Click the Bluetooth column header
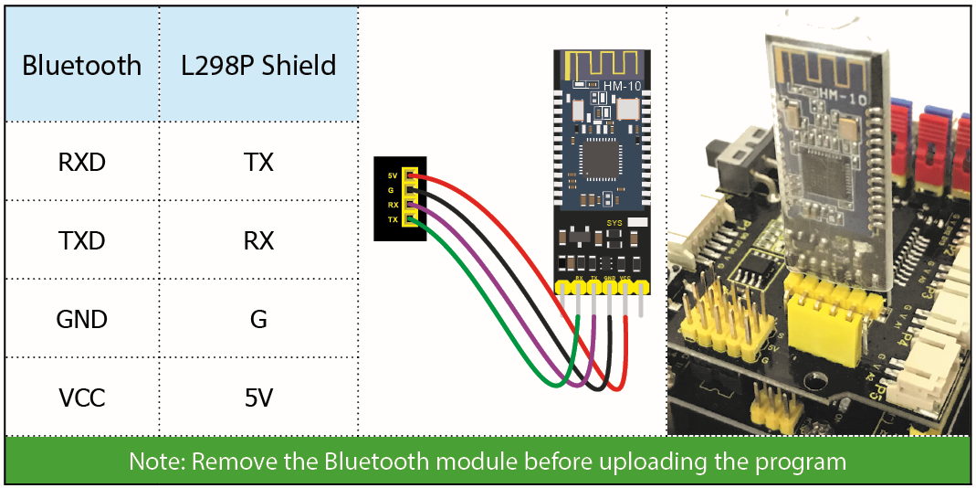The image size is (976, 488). (82, 66)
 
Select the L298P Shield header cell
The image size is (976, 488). (258, 66)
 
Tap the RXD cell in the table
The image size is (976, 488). (82, 163)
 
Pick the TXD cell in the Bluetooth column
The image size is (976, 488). (82, 241)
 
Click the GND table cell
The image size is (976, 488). (82, 320)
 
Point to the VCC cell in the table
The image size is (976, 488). (82, 398)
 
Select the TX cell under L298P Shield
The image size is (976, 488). (258, 163)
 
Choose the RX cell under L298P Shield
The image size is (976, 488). (258, 241)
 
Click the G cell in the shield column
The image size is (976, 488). (258, 320)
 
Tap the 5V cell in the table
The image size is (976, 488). (258, 398)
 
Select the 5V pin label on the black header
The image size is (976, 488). (393, 175)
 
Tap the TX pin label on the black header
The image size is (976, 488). (393, 219)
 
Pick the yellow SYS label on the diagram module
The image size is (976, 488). (614, 222)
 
